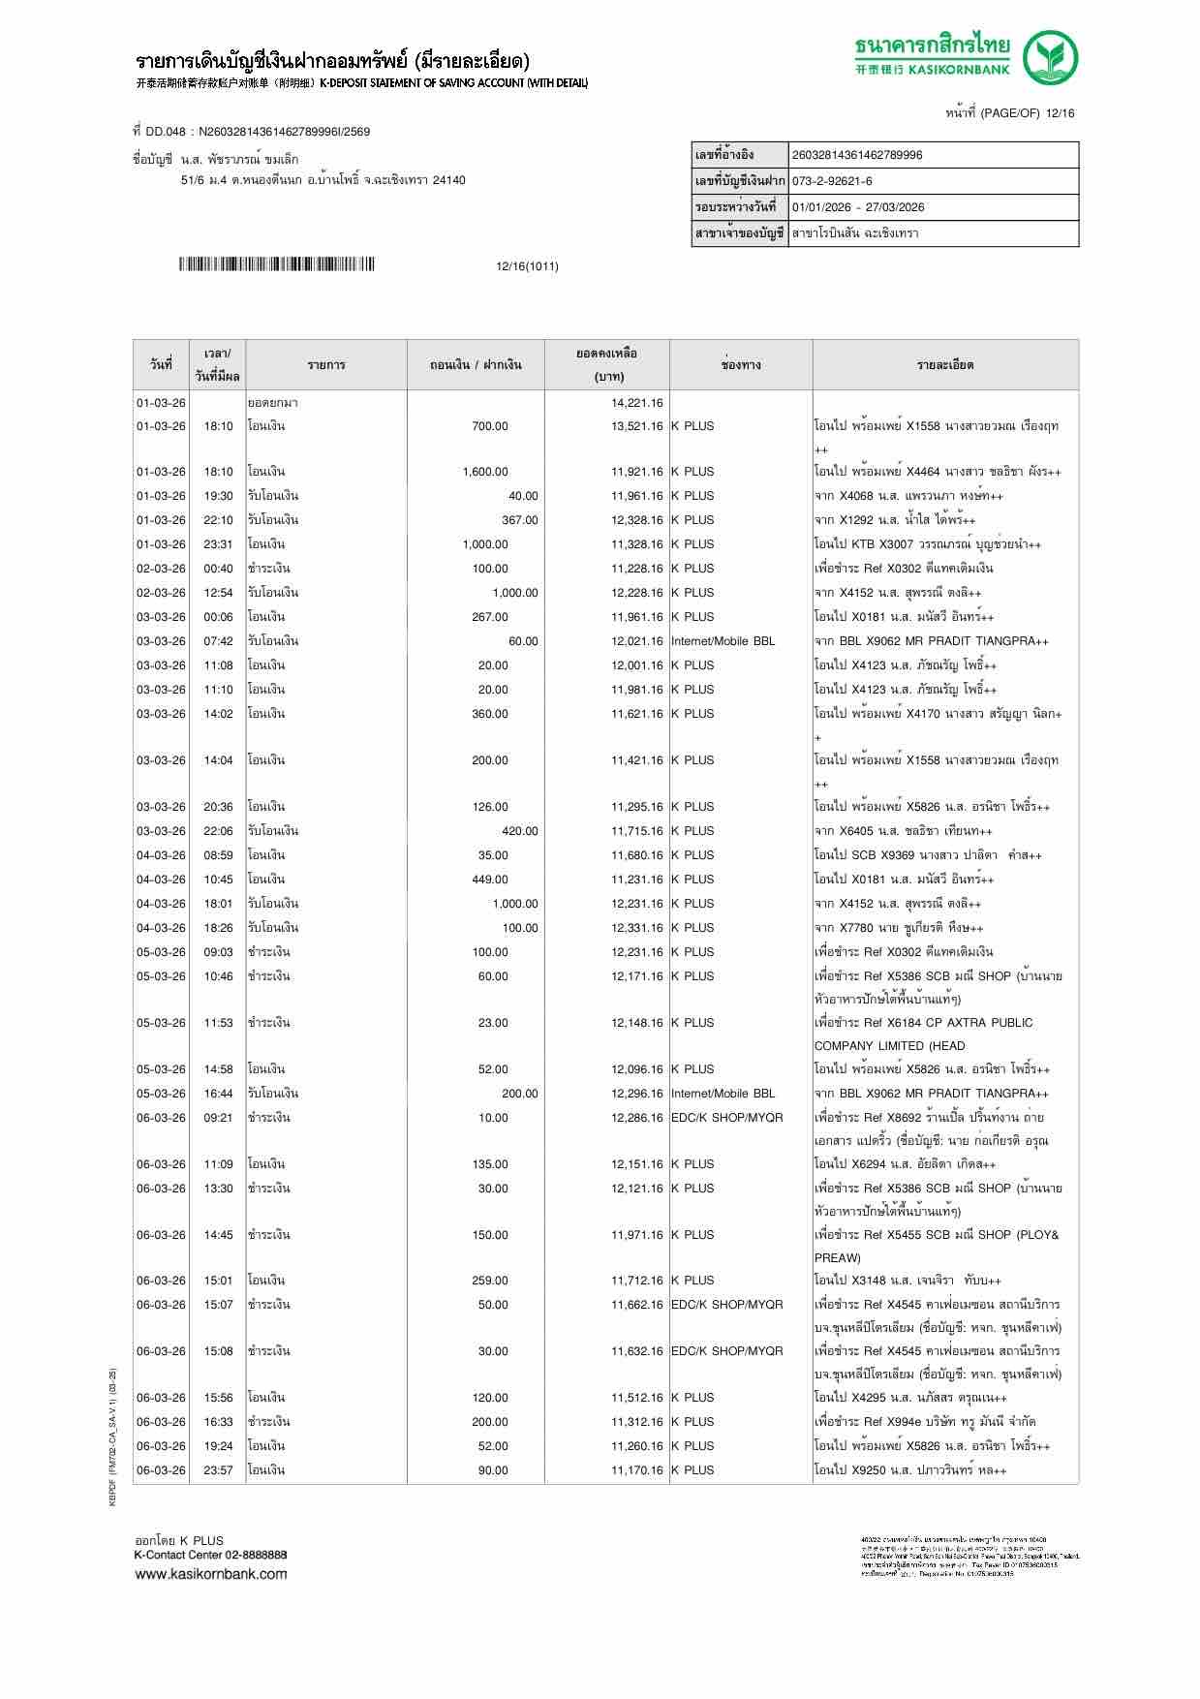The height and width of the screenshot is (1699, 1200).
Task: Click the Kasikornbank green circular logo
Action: tap(1052, 57)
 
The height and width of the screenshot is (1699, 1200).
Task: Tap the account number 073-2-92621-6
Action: tap(832, 181)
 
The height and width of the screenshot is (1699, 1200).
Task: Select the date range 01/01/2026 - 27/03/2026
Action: tap(858, 207)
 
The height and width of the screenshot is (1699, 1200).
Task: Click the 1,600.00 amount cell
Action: tap(485, 472)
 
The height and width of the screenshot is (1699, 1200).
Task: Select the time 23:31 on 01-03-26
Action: tap(218, 544)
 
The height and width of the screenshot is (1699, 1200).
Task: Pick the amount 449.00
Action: tap(492, 880)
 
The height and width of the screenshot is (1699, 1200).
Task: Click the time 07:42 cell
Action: tap(218, 641)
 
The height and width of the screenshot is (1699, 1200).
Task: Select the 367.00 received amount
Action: tap(519, 520)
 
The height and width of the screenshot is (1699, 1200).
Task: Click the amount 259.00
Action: tap(490, 1281)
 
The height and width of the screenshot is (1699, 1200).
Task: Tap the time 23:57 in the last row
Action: tap(218, 1470)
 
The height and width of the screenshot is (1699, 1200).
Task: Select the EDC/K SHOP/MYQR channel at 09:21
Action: tap(726, 1118)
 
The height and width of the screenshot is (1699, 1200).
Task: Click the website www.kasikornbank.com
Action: tap(211, 1574)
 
